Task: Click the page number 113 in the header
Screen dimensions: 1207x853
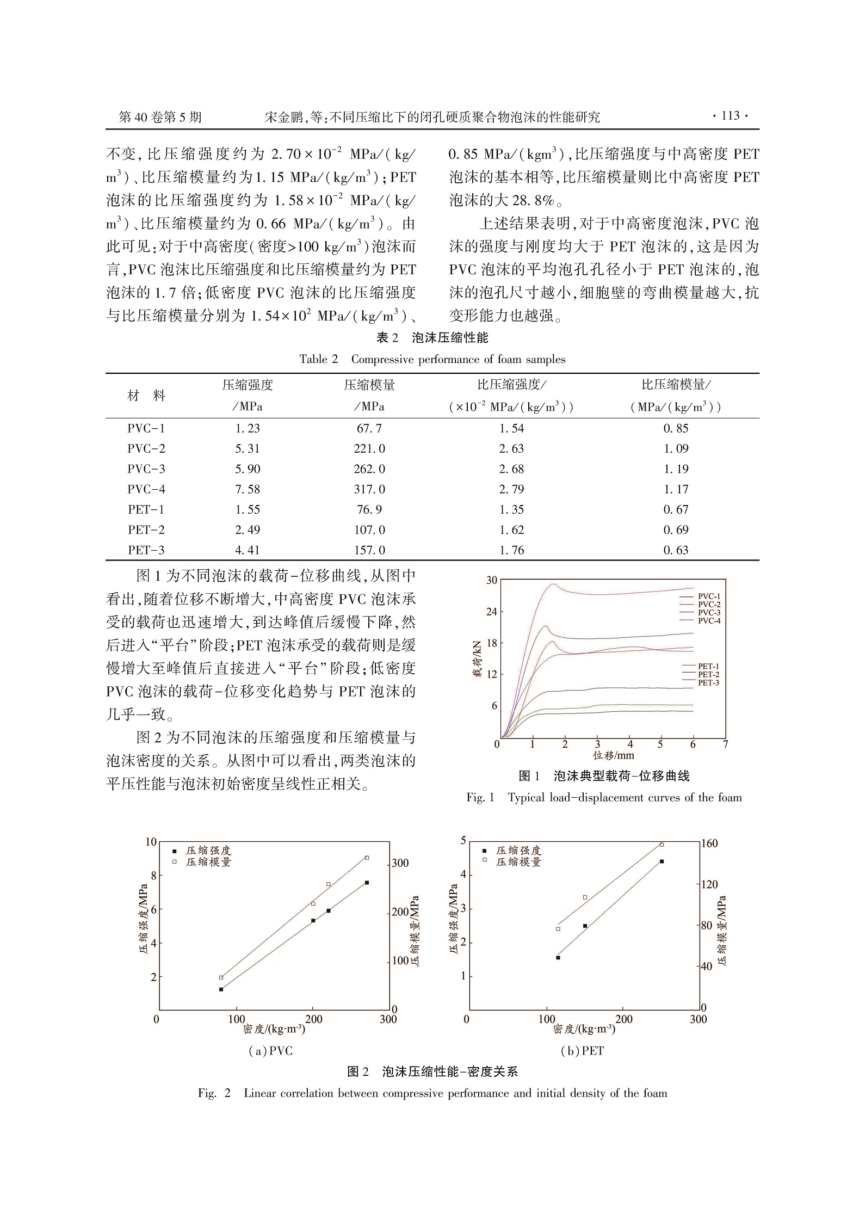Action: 730,115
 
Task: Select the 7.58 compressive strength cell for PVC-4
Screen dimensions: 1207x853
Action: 248,489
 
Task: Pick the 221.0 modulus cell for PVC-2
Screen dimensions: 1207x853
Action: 369,448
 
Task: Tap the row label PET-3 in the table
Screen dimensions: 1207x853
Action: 146,550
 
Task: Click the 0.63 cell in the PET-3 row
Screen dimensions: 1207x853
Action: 676,550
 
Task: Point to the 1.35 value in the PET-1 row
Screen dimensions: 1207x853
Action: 511,509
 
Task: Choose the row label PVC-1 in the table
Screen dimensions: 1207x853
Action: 146,428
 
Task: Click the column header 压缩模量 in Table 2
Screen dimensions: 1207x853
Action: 369,385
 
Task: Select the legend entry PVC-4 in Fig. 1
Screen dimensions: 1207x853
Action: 709,621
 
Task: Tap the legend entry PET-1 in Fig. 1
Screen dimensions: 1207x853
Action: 708,666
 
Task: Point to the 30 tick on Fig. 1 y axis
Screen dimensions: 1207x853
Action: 492,580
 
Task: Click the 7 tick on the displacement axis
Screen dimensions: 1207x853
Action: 725,744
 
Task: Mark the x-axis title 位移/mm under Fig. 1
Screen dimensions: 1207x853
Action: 613,755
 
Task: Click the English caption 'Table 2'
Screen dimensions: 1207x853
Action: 319,359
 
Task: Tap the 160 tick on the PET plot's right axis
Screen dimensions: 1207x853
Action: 710,844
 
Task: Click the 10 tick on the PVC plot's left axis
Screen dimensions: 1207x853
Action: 151,842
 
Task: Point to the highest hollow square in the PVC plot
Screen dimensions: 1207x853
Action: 367,858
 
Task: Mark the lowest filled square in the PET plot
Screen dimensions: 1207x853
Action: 558,957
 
